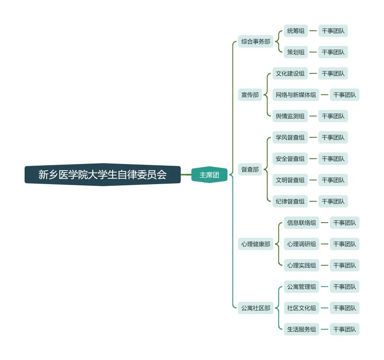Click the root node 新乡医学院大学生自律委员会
102,175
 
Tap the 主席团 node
209,175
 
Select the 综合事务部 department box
256,41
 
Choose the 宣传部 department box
250,95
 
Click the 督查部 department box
250,169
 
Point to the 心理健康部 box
256,244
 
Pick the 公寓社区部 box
256,308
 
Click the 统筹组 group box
296,31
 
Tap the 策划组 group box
296,52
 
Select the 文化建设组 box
290,73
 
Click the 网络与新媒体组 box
296,95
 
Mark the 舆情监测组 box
290,116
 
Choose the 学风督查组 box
290,137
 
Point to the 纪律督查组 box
290,201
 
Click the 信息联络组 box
302,223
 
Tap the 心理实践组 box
302,265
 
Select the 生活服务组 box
302,329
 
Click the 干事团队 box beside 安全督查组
333,159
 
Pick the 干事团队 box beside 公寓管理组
344,287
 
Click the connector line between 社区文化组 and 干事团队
325,308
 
